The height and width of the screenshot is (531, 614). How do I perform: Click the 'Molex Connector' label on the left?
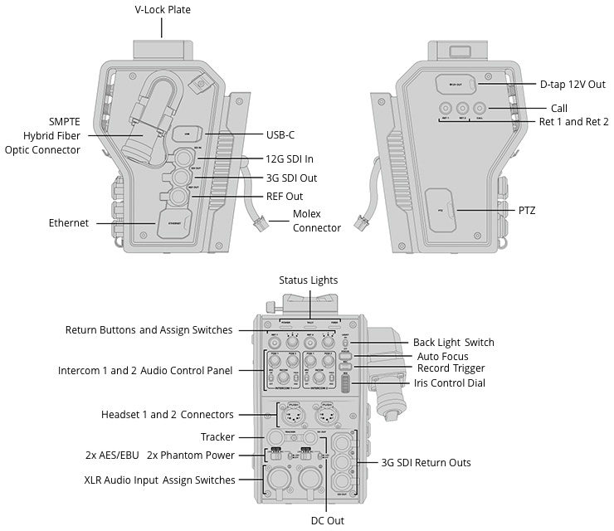coord(317,222)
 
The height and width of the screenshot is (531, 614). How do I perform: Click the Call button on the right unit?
coord(480,108)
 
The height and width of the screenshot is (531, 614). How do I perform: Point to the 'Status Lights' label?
coord(308,280)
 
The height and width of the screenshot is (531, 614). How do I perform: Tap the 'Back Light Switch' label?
coord(453,343)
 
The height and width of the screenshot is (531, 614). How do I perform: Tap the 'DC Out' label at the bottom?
coord(328,521)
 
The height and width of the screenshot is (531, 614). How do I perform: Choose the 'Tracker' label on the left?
coord(217,437)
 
